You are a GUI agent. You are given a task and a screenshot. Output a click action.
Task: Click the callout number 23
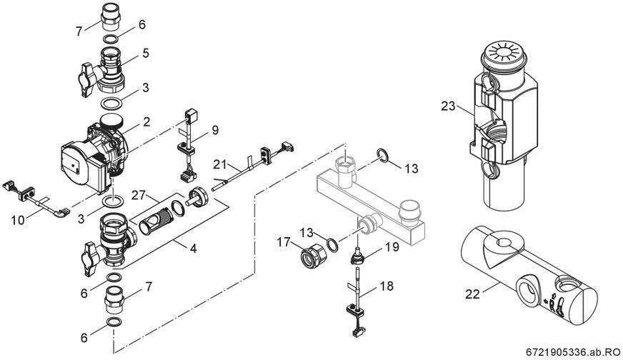pos(448,106)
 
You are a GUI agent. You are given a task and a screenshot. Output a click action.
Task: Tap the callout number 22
pos(473,294)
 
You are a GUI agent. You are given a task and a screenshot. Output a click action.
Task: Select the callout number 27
pos(139,196)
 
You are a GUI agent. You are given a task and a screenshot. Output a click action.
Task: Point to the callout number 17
pos(284,241)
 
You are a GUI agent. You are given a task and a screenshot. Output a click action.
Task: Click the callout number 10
pos(17,220)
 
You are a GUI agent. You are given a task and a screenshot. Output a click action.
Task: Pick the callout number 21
pos(221,164)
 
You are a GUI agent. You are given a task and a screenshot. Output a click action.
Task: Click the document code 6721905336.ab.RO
pos(573,352)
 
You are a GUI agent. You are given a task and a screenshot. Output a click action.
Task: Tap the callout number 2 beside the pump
pos(146,121)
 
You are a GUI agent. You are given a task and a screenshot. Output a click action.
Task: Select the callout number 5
pos(146,53)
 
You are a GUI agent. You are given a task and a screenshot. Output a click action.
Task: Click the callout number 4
pos(193,249)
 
